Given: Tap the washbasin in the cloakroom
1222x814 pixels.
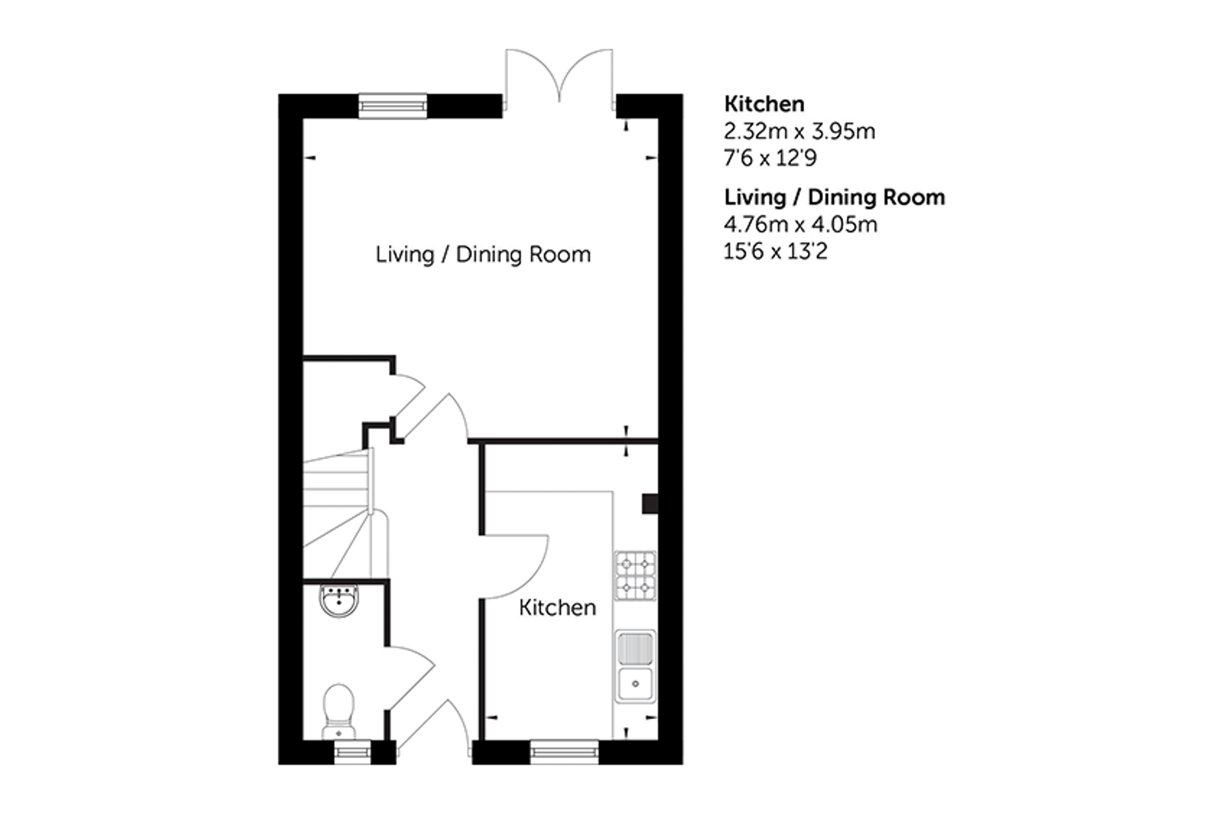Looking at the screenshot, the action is [x=339, y=600].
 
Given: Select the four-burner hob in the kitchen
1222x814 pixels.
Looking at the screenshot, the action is [x=636, y=575].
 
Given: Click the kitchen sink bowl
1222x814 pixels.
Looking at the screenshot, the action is [x=636, y=684].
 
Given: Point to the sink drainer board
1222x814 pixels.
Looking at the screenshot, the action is [x=636, y=649].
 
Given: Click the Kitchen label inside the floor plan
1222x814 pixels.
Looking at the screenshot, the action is [x=558, y=607].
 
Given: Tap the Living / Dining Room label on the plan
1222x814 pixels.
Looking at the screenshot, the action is [x=483, y=254].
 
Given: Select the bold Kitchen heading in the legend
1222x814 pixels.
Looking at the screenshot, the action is [x=764, y=103].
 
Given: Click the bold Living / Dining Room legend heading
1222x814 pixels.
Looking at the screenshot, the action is [x=834, y=197].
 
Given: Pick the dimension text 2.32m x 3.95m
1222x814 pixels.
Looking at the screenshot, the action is [x=799, y=131].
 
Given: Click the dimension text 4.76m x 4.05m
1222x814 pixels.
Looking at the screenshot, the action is [x=800, y=224].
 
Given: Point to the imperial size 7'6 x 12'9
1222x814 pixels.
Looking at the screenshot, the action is [x=770, y=157].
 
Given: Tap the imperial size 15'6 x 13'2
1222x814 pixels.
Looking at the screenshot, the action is [x=775, y=251].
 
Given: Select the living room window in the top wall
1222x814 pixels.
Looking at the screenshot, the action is [x=393, y=106].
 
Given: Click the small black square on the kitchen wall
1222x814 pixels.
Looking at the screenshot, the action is [x=649, y=503].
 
